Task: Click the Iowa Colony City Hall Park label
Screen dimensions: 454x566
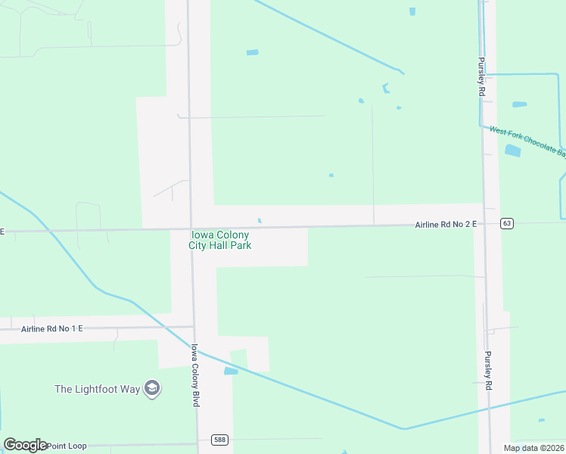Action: pos(220,240)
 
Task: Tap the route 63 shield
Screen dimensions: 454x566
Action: pos(507,223)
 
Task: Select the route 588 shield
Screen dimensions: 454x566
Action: pos(217,440)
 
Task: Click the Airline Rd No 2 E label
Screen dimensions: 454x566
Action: pos(446,225)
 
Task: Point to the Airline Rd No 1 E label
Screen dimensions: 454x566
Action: pos(51,328)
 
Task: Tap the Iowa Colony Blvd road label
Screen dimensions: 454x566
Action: pos(194,375)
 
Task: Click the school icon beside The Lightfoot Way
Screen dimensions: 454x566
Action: pos(152,389)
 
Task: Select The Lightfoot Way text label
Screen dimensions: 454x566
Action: pos(98,389)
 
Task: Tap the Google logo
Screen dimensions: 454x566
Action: pos(25,445)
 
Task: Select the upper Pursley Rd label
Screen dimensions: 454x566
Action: pos(480,76)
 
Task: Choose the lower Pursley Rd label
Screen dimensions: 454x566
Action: pos(489,371)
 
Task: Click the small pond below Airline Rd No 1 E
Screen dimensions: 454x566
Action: pos(231,372)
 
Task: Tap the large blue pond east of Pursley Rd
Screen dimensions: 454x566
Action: pos(513,151)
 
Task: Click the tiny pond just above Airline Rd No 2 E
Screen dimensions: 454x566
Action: pos(260,221)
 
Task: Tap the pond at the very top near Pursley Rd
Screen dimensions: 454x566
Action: pos(412,11)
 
